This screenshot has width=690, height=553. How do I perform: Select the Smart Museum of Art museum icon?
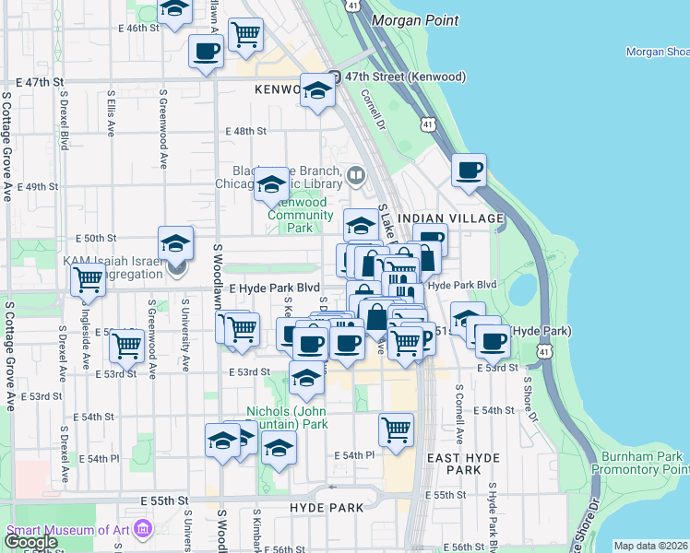click(x=143, y=530)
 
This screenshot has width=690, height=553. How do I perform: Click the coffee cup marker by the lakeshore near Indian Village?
click(x=469, y=171)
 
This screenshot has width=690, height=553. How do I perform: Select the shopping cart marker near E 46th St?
click(x=245, y=35)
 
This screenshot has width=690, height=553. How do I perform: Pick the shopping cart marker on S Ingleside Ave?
click(x=125, y=347)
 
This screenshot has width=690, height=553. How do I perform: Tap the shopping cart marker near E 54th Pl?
click(x=396, y=429)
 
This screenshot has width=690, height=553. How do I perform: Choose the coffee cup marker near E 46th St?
click(x=205, y=52)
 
